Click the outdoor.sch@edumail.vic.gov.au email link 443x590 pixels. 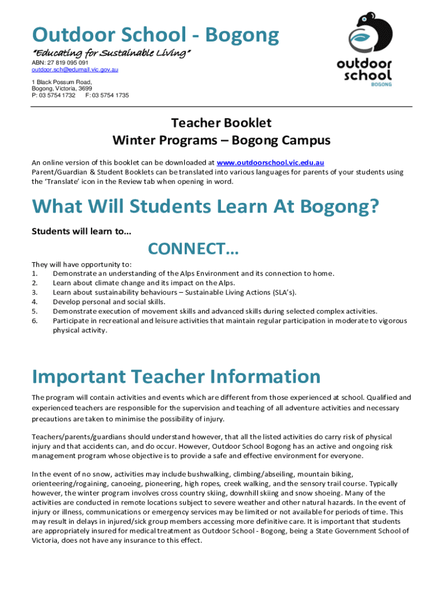75,70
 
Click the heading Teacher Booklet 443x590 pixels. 221,123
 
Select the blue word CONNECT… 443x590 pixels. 193,249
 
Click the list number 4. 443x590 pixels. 35,301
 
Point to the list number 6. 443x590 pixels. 35,321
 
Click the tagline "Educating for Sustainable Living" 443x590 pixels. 110,54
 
